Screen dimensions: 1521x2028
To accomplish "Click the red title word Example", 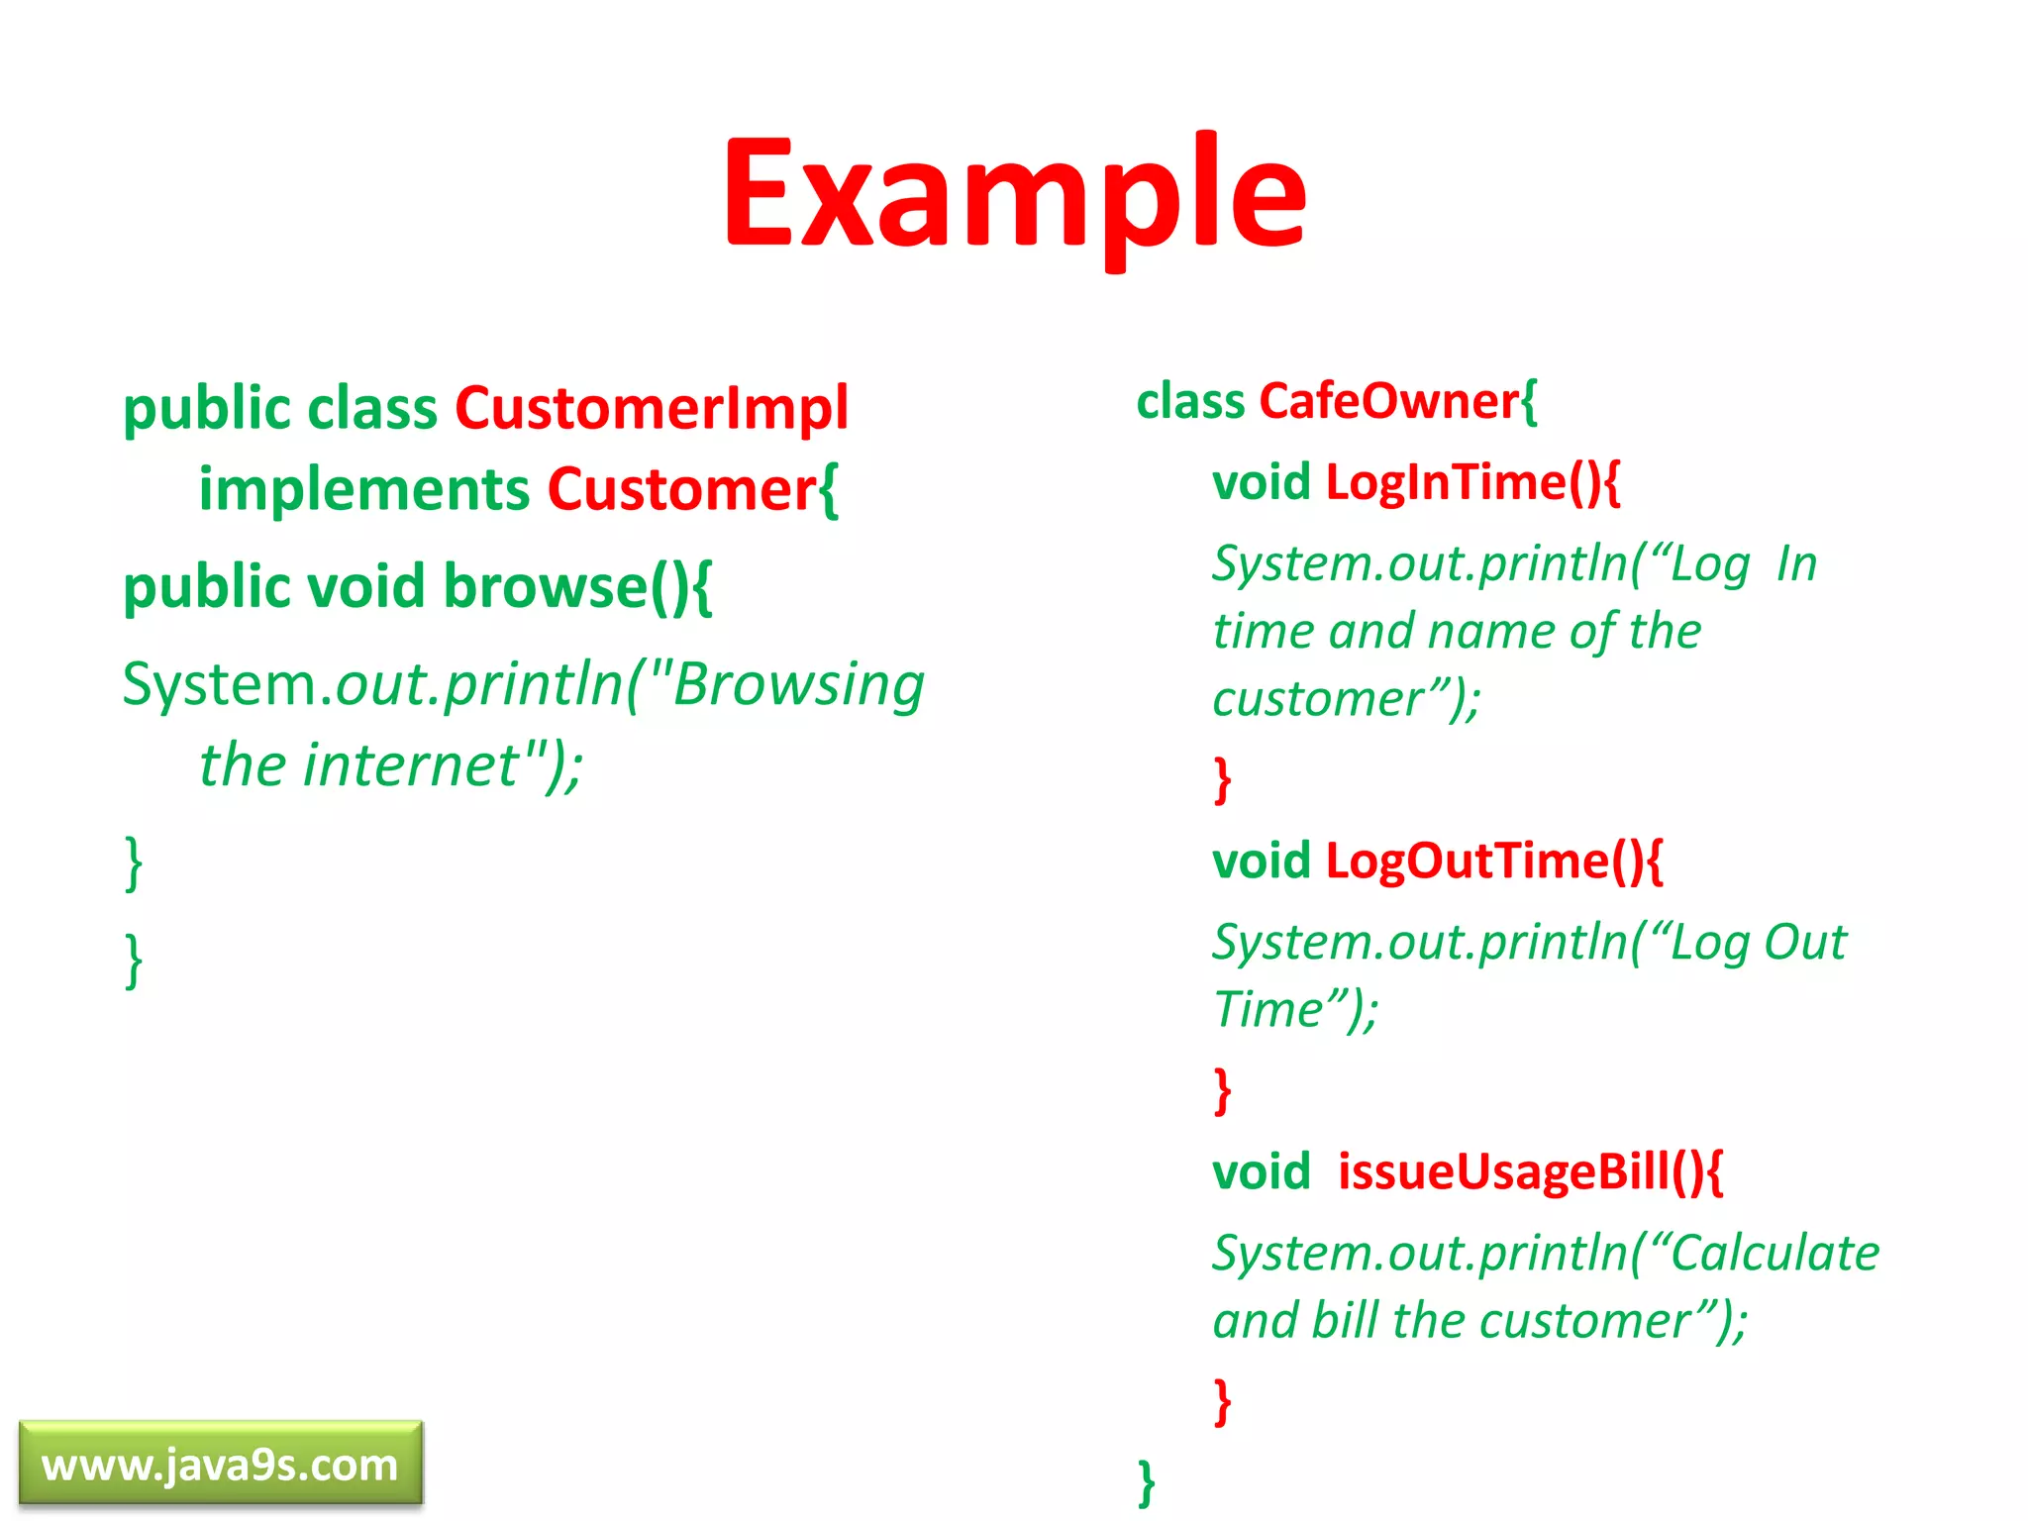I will coord(1014,193).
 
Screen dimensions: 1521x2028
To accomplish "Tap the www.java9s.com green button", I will coord(220,1465).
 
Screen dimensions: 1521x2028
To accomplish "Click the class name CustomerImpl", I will coord(652,408).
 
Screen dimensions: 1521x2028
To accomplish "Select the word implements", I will coord(364,489).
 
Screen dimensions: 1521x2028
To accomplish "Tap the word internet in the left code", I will coord(411,764).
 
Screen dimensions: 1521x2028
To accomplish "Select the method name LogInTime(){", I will coord(1472,482).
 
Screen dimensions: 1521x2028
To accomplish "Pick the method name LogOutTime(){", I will coord(1493,861).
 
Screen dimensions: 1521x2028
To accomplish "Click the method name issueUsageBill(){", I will coord(1530,1171).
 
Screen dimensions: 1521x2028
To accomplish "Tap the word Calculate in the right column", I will coord(1774,1253).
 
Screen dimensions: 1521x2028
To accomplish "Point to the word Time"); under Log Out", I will coord(1295,1010).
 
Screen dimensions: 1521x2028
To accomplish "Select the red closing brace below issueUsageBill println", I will coord(1223,1401).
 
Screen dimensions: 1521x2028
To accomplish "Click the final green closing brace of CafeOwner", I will coord(1147,1482).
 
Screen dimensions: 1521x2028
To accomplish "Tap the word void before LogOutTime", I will coord(1261,861).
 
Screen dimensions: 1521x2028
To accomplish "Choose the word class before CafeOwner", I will coord(1190,401).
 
